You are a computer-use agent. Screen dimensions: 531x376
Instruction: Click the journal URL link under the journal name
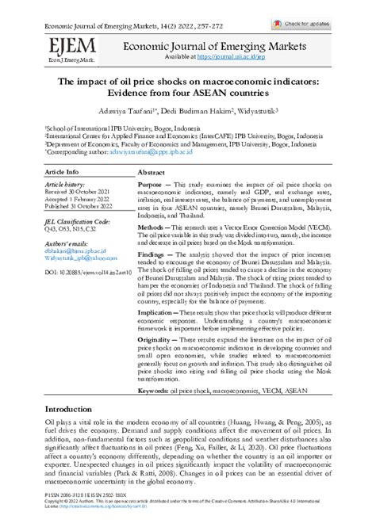click(x=250, y=57)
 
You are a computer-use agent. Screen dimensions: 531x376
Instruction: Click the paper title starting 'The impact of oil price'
click(x=187, y=82)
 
